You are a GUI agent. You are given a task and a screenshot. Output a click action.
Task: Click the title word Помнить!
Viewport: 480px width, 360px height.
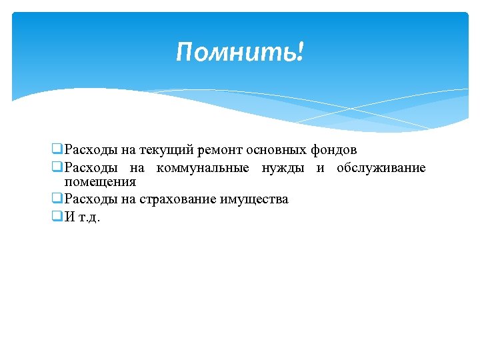coord(239,52)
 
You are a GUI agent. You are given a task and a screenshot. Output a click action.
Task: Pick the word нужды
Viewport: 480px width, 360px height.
coord(283,168)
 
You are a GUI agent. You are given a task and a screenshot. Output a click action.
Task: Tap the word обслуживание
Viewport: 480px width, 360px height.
coord(381,168)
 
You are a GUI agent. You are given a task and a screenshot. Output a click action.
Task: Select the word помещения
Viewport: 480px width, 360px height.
coord(100,182)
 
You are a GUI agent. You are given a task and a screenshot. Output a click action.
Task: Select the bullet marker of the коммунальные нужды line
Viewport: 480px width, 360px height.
coord(57,167)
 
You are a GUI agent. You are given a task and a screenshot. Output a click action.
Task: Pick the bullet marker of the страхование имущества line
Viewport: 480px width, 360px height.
coord(57,199)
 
